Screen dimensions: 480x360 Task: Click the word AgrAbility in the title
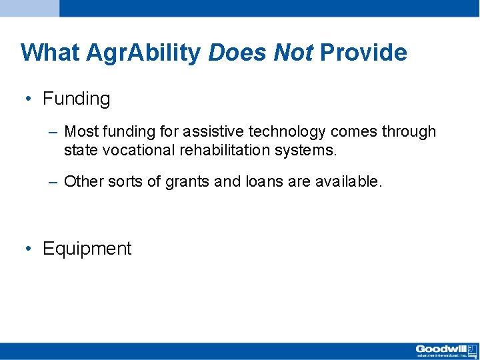[x=143, y=53]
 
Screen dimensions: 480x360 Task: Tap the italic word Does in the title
[x=237, y=52]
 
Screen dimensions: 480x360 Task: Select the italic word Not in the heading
[x=293, y=52]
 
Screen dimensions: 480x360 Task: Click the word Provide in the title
[x=364, y=52]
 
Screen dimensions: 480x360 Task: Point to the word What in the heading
[x=50, y=52]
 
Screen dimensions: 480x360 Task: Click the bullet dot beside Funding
[x=29, y=99]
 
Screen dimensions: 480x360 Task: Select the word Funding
[x=77, y=99]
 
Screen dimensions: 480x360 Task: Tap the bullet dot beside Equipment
[x=29, y=248]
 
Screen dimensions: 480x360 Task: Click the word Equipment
[x=87, y=249]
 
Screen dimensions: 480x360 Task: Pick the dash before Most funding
[x=53, y=133]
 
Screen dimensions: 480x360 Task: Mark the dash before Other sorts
[x=53, y=183]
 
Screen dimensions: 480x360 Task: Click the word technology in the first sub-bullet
[x=287, y=132]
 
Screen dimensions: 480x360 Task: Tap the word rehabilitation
[x=225, y=150]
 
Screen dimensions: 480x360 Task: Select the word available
[x=349, y=181]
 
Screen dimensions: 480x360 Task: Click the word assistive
[x=213, y=131]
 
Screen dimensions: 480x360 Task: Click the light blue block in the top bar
[x=30, y=8]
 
